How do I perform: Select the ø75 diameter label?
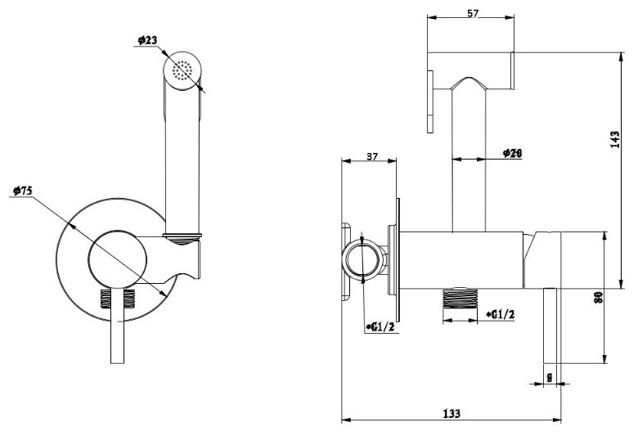click(x=22, y=191)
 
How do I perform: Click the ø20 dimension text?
click(x=512, y=153)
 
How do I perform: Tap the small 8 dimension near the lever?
click(x=549, y=377)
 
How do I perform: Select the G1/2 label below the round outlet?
click(x=382, y=328)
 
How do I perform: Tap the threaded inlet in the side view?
click(x=459, y=303)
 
